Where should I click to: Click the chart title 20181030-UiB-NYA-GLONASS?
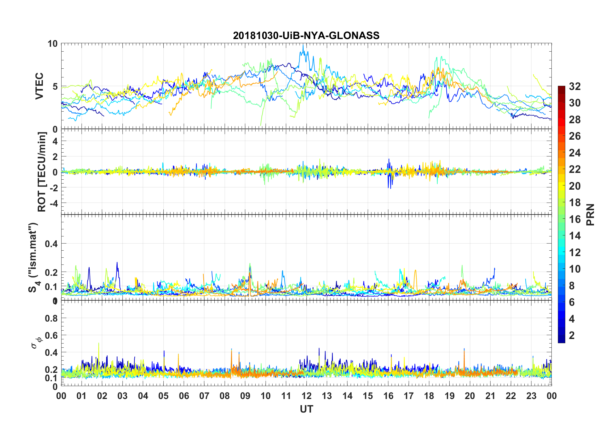[306, 35]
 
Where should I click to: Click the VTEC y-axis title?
[39, 86]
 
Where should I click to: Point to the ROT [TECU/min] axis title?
[42, 172]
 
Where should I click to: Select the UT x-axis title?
[306, 409]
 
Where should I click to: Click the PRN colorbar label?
[590, 214]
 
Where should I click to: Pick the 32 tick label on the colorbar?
[575, 86]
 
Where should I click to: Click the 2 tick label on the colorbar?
[572, 335]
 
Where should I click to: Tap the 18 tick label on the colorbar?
[575, 203]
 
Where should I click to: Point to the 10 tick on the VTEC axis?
[53, 44]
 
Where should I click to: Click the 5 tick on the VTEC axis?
[55, 86]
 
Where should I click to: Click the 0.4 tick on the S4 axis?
[51, 244]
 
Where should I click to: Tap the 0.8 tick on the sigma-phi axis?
[51, 318]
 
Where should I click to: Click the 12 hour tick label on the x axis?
[306, 396]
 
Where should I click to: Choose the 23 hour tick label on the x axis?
[531, 396]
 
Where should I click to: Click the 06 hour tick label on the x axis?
[184, 396]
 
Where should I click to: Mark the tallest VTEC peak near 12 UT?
[303, 45]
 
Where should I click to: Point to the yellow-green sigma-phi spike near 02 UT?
[99, 344]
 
